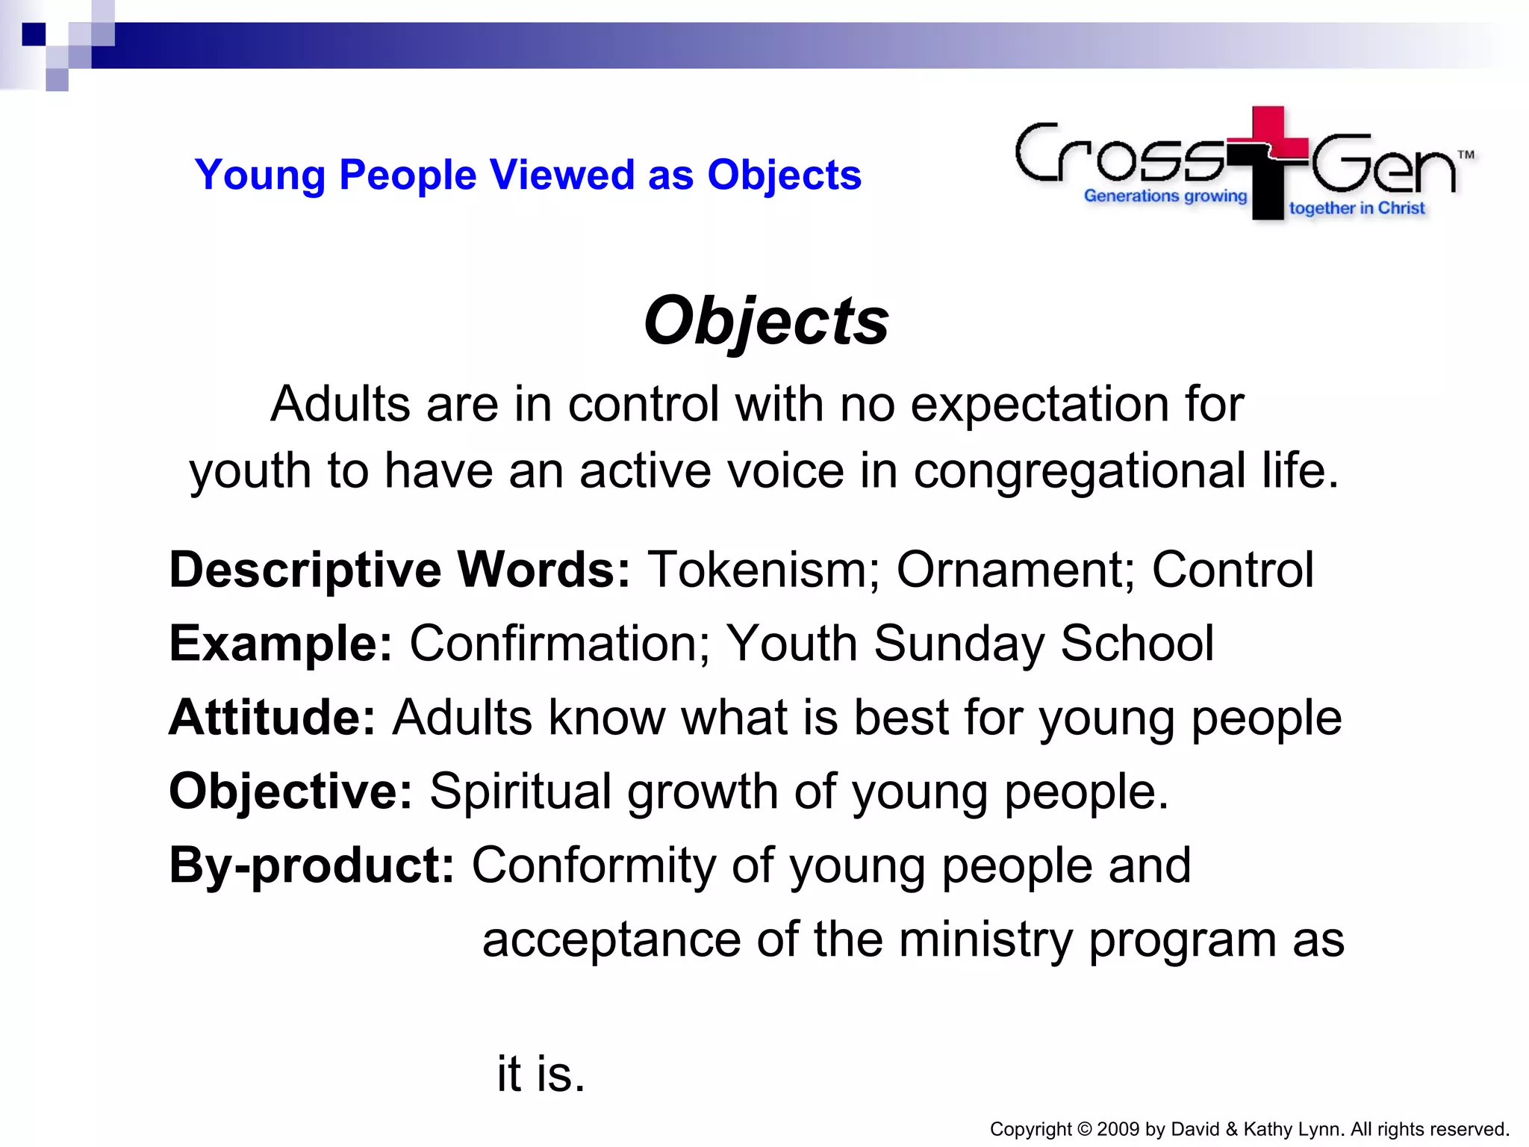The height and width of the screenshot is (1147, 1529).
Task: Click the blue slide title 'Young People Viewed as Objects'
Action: [528, 175]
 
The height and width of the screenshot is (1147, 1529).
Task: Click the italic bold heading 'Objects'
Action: [766, 321]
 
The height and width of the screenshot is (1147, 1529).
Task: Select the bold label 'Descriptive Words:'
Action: [400, 571]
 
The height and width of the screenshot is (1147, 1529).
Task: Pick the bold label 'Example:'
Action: [281, 644]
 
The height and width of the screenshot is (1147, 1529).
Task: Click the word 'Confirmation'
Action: [559, 644]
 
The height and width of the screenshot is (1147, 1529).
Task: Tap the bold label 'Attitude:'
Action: [272, 718]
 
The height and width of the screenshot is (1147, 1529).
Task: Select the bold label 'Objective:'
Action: [290, 792]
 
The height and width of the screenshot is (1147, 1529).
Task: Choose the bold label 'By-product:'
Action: [311, 865]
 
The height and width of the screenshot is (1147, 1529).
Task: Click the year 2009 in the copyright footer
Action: [1118, 1129]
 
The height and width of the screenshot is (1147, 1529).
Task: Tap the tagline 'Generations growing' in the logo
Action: [1165, 196]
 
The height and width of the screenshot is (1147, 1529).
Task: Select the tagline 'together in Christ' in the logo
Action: [1357, 208]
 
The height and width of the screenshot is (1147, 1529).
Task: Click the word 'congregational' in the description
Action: [1079, 472]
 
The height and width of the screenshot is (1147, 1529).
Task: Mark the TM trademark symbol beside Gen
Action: [1466, 155]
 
